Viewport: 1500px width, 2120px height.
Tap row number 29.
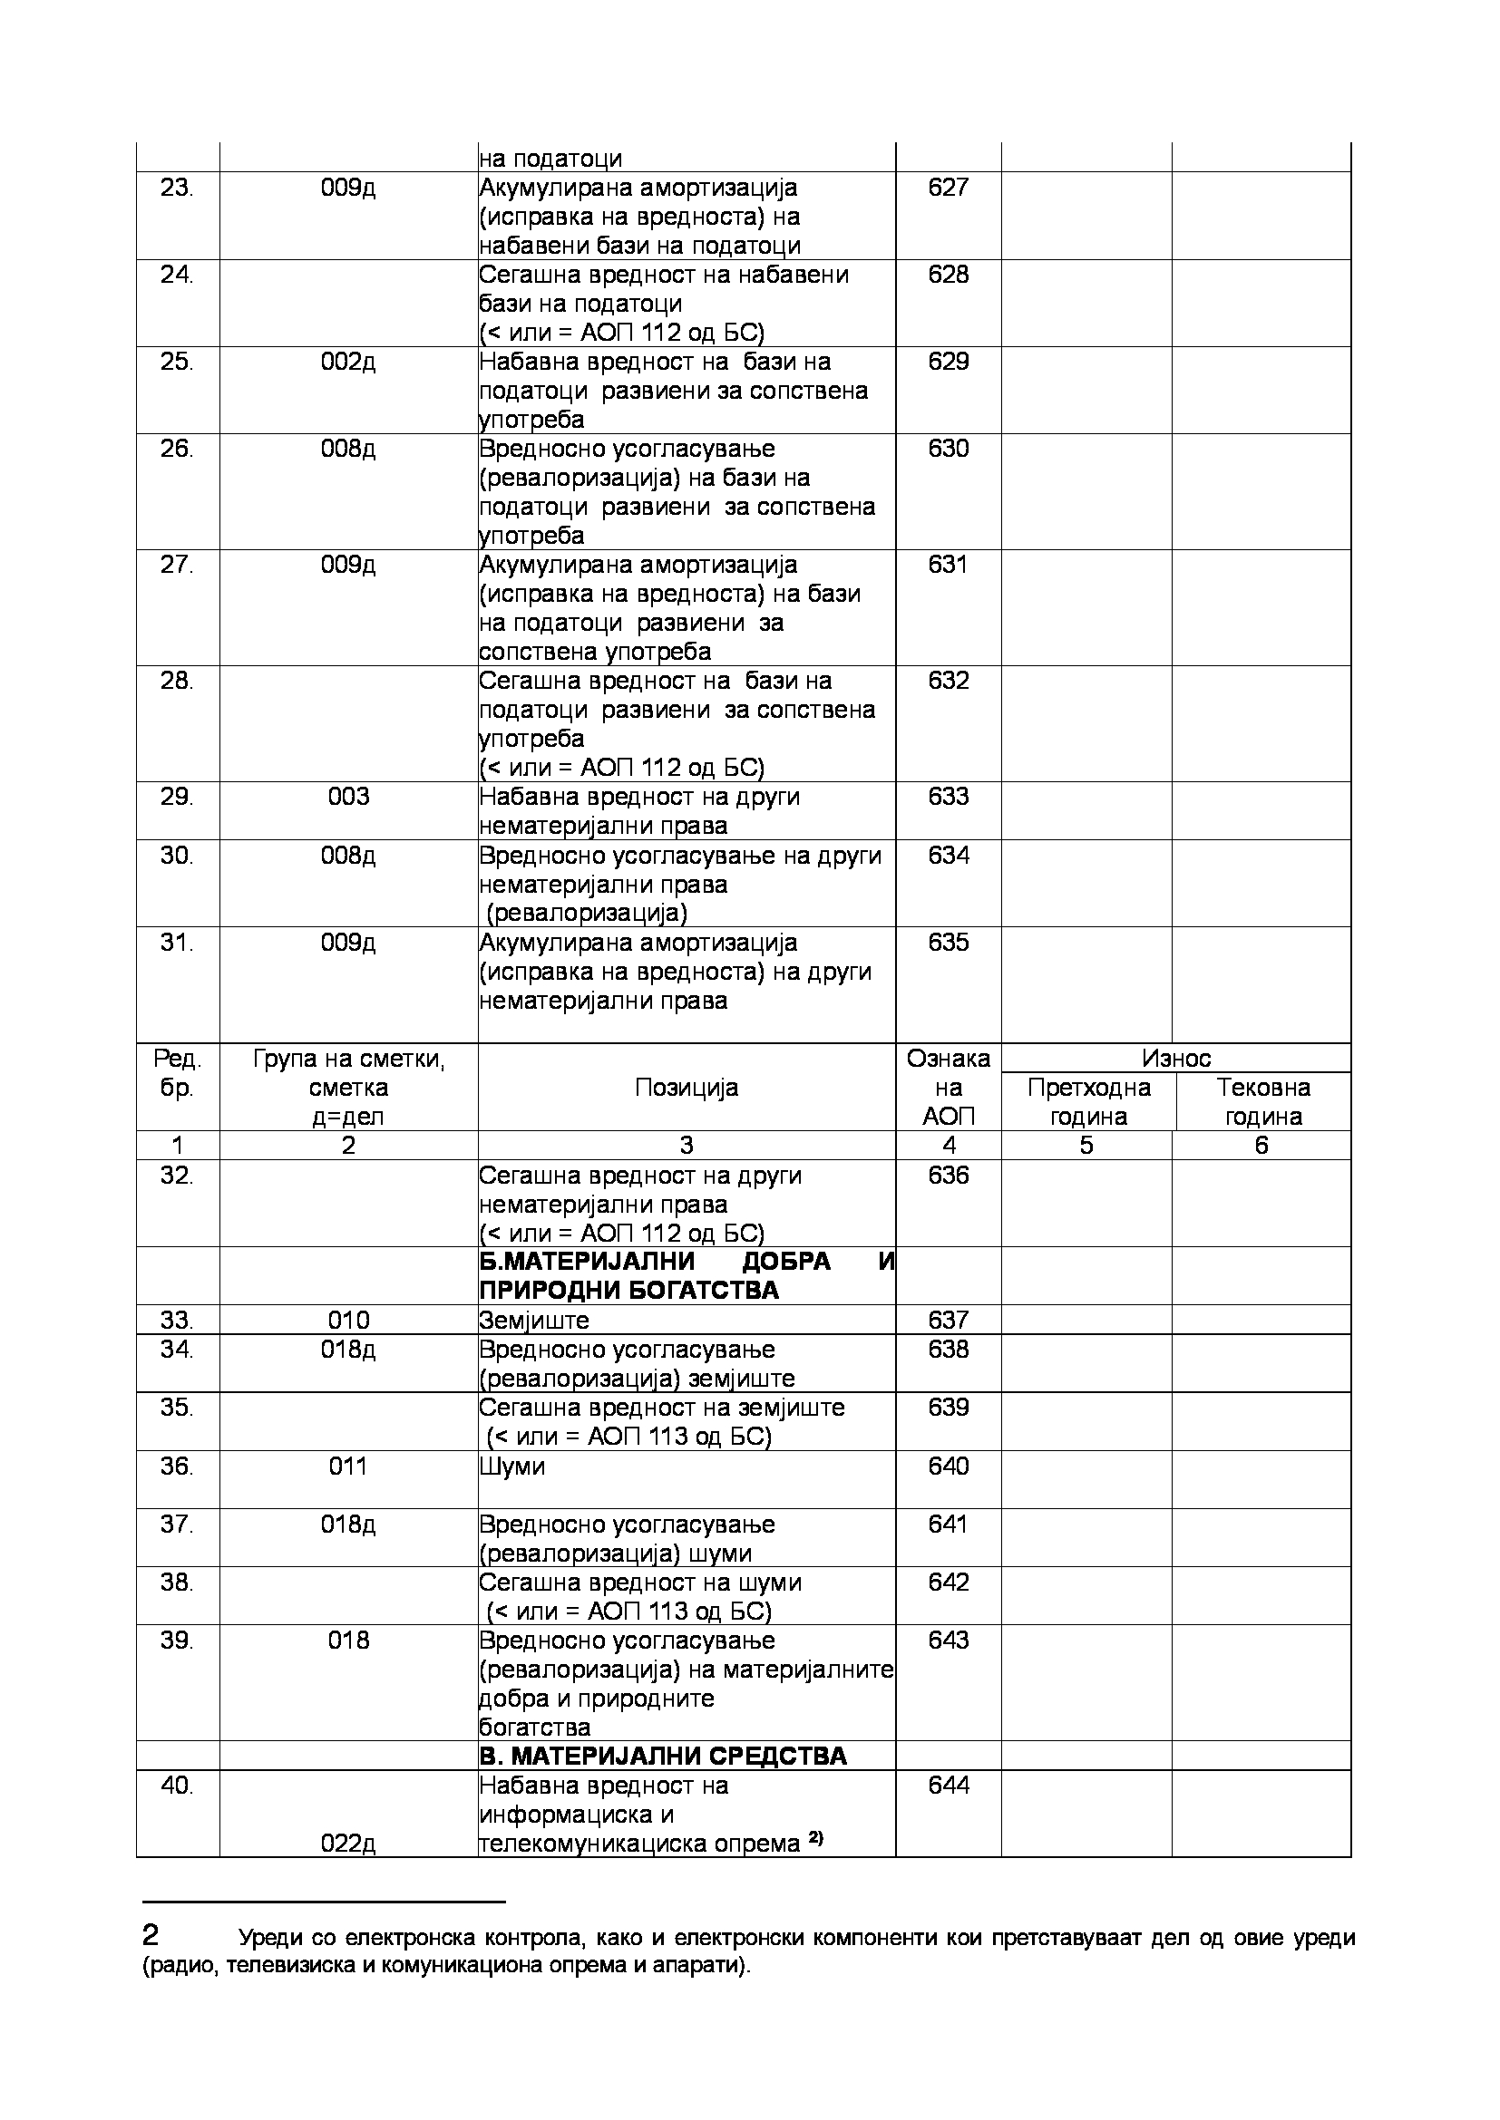click(177, 797)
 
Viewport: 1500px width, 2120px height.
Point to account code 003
click(348, 797)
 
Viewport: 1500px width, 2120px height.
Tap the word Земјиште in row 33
click(534, 1321)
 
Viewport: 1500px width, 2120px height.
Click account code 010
click(348, 1321)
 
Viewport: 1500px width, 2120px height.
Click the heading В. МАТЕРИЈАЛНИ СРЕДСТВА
click(662, 1757)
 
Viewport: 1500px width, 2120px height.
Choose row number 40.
click(177, 1786)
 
